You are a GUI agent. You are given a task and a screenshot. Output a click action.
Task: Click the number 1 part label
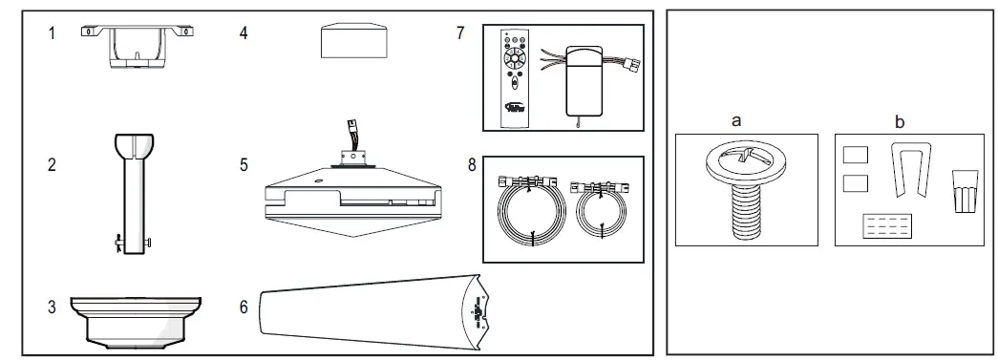(53, 33)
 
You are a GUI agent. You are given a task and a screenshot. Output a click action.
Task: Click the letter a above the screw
(735, 122)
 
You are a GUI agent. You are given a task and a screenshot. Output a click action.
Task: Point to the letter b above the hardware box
(899, 122)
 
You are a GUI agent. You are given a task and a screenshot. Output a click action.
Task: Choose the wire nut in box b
(964, 190)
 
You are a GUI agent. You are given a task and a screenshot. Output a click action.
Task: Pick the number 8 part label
(472, 164)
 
